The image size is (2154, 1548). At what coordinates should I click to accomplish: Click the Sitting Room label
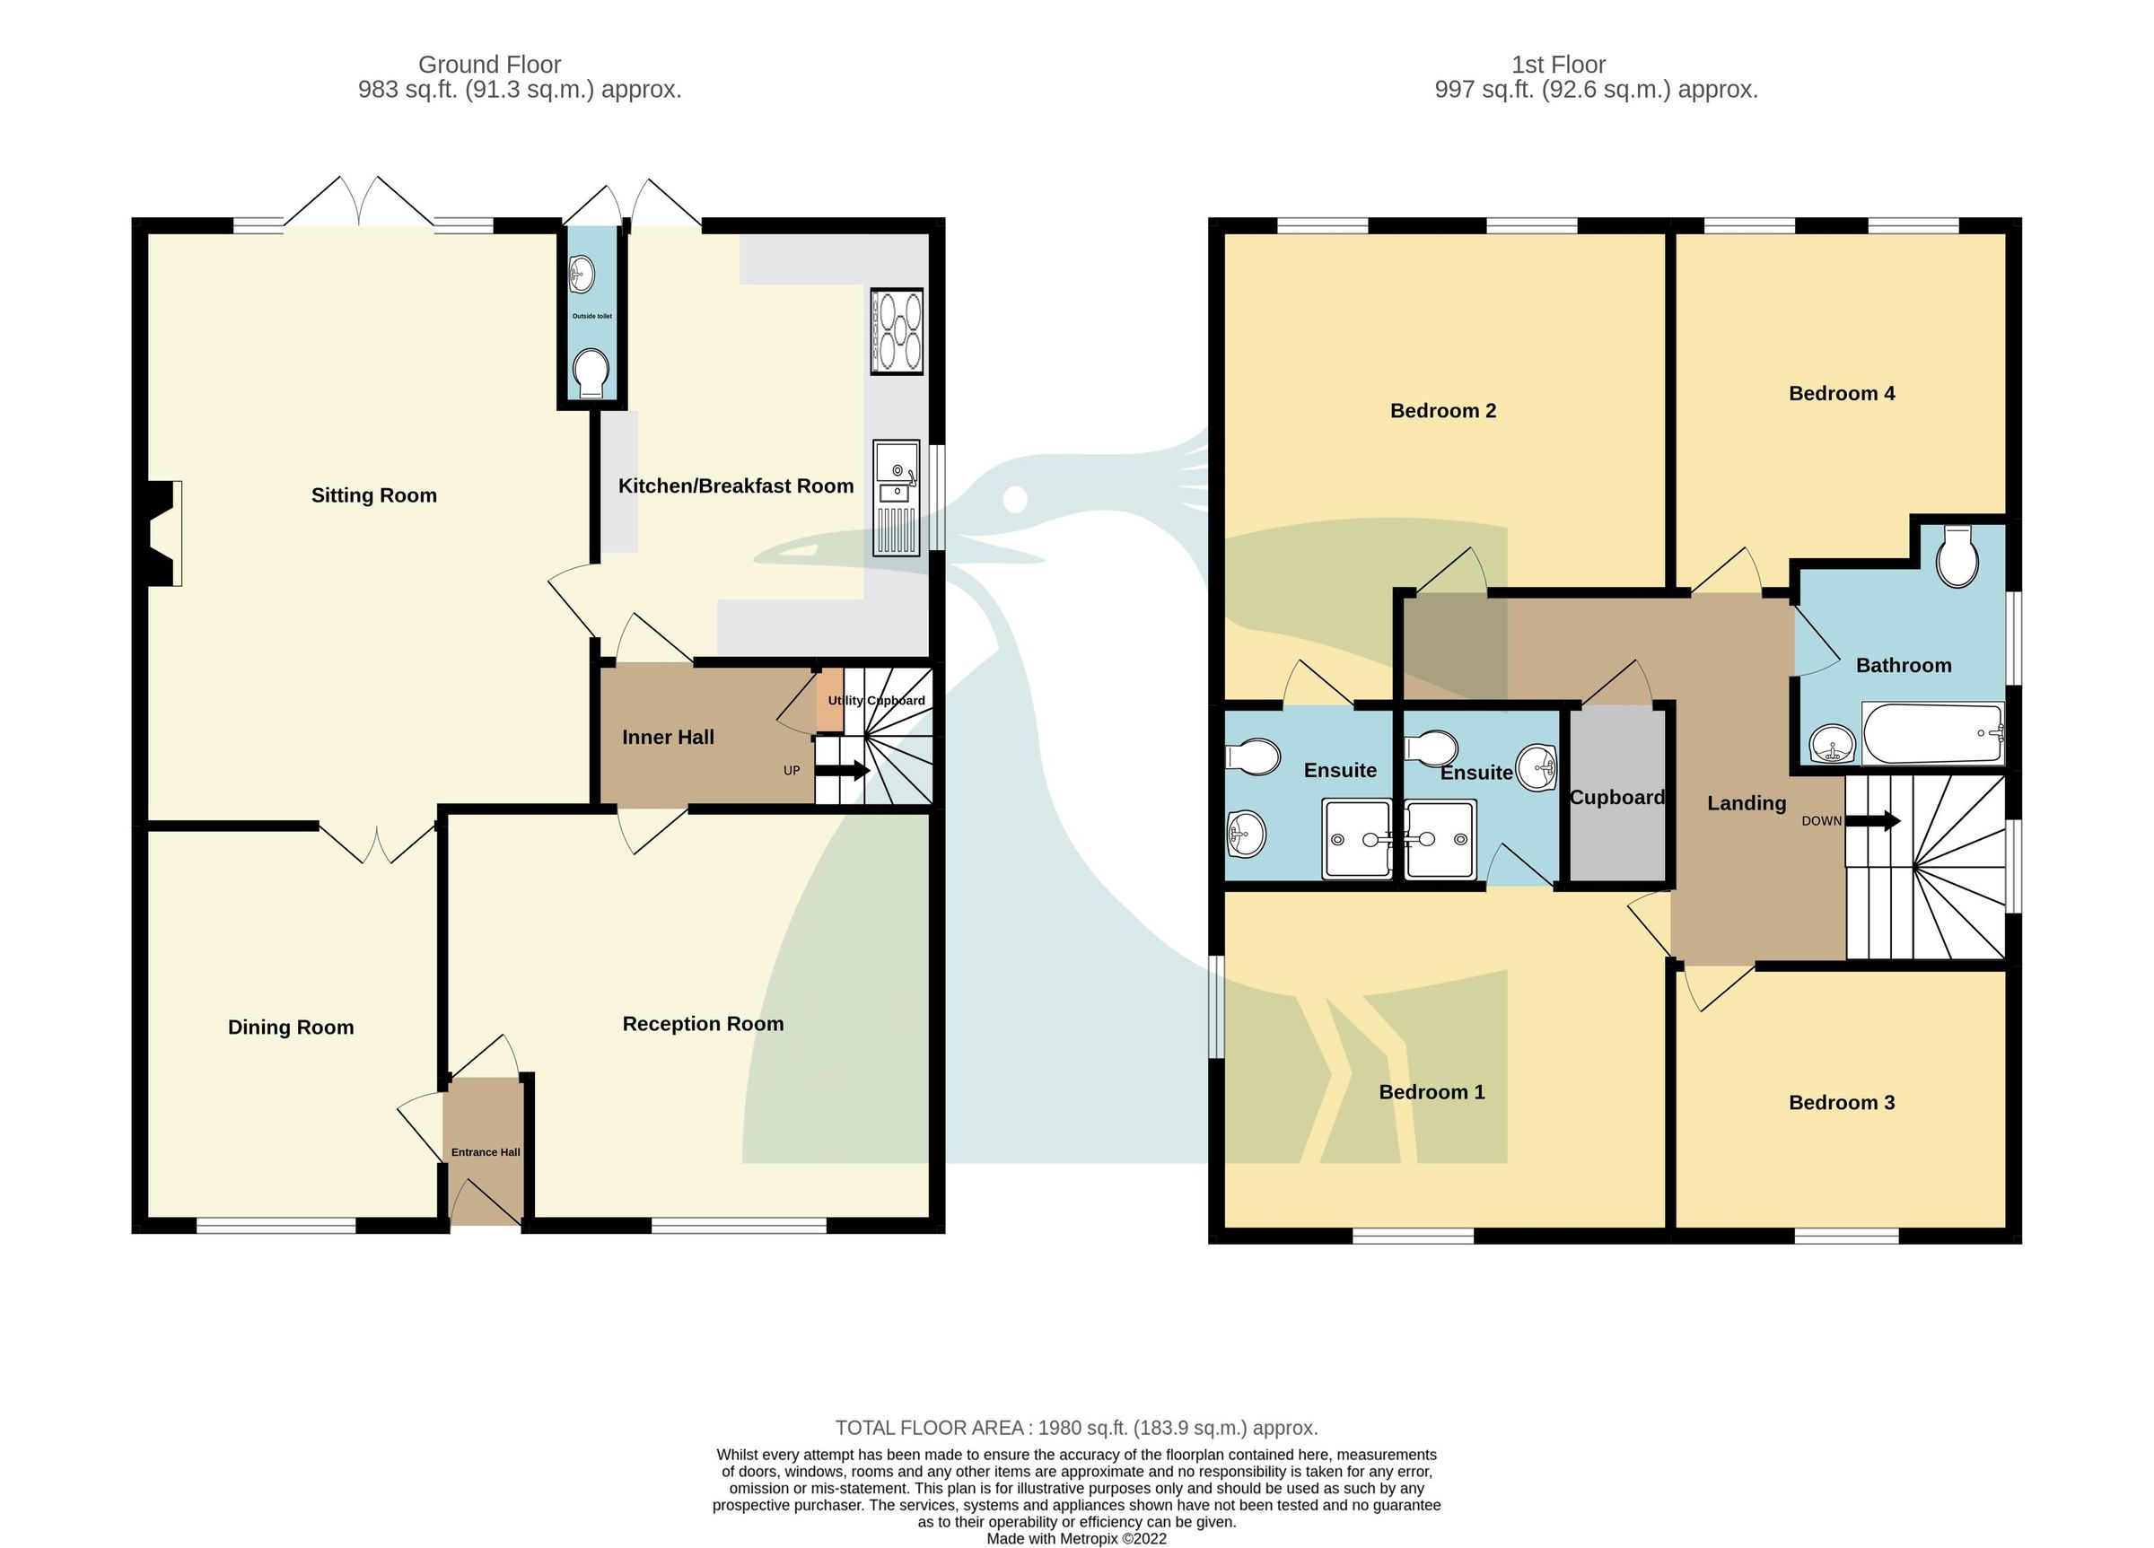pyautogui.click(x=374, y=494)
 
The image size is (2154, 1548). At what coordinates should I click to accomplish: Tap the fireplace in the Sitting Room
pyautogui.click(x=163, y=533)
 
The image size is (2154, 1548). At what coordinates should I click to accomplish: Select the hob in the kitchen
pyautogui.click(x=897, y=331)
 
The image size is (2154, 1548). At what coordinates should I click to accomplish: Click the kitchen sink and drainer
pyautogui.click(x=896, y=498)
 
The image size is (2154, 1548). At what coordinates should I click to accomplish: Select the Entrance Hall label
pyautogui.click(x=486, y=1152)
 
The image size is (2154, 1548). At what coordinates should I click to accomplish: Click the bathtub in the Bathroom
pyautogui.click(x=1932, y=732)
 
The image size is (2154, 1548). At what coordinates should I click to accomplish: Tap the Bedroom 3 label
pyautogui.click(x=1841, y=1102)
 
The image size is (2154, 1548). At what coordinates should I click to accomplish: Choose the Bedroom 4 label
pyautogui.click(x=1841, y=393)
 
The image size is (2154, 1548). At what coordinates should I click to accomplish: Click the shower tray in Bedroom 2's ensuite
pyautogui.click(x=1356, y=837)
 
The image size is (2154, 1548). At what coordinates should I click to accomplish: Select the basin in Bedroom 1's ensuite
pyautogui.click(x=1536, y=767)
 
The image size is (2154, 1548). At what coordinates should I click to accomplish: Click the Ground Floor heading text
pyautogui.click(x=489, y=65)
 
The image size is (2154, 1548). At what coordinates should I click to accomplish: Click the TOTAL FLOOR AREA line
pyautogui.click(x=1076, y=1428)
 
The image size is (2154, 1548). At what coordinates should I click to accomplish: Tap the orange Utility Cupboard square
pyautogui.click(x=830, y=700)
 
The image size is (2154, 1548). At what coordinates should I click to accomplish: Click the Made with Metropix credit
pyautogui.click(x=1076, y=1538)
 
